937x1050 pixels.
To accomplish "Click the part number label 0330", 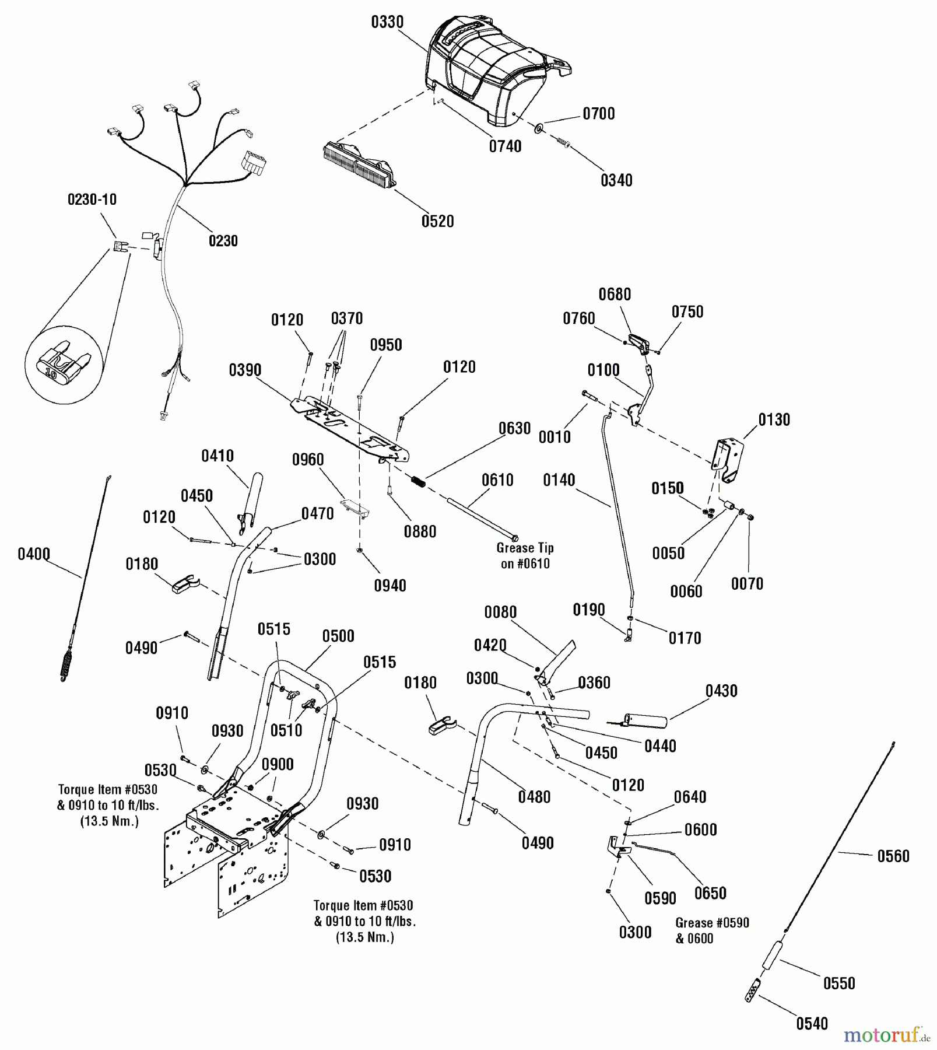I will coord(387,22).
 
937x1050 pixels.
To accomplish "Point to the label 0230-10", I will coord(92,199).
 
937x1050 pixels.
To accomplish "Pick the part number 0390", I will coord(245,370).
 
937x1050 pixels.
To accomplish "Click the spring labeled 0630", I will coord(419,482).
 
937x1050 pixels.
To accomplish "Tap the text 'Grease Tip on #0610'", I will coord(525,555).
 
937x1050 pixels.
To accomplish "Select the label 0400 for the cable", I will coord(34,554).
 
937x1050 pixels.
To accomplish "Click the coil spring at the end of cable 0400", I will coord(67,665).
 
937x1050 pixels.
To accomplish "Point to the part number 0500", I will coord(338,636).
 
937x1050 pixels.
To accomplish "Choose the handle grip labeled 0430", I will coord(644,720).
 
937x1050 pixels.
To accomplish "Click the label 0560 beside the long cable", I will coord(893,856).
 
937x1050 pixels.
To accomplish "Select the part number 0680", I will coord(615,294).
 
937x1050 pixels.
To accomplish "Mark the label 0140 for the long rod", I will coord(559,480).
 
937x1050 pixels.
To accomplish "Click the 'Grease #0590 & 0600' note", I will coord(712,930).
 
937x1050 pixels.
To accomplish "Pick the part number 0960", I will coord(308,460).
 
